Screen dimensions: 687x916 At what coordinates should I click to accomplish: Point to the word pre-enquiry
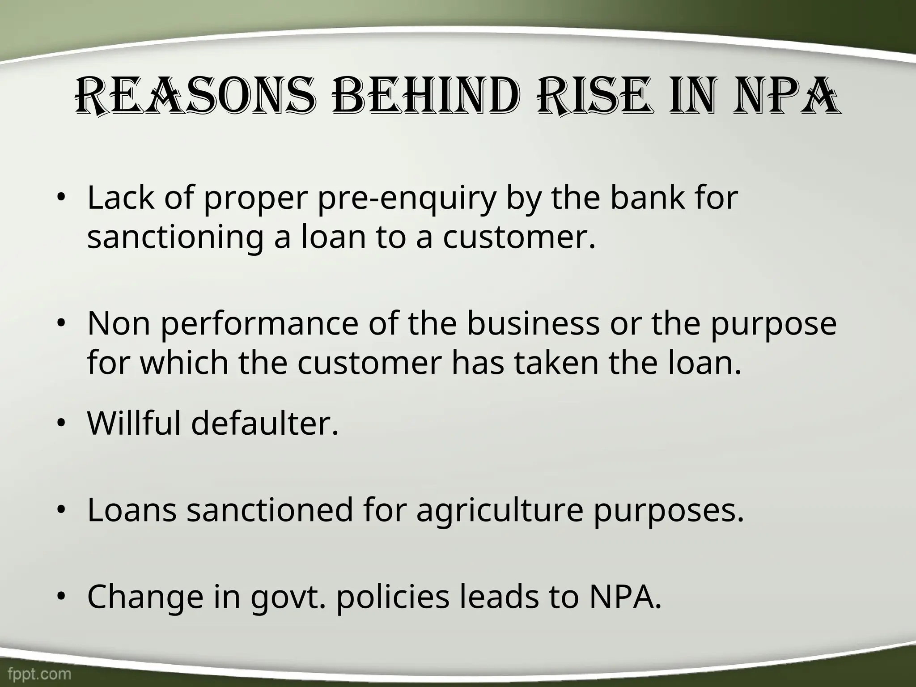[x=407, y=198]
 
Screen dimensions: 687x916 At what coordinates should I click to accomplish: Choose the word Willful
[x=134, y=423]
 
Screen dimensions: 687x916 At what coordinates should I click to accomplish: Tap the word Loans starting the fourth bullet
[x=132, y=510]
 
